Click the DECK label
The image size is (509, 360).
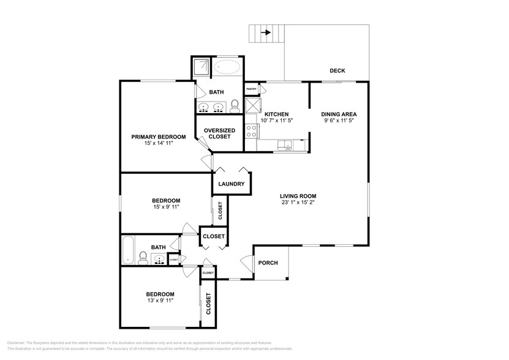pyautogui.click(x=337, y=71)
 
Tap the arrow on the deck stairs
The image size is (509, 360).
pyautogui.click(x=266, y=32)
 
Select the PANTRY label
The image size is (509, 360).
pyautogui.click(x=251, y=89)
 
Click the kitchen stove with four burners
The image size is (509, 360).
pyautogui.click(x=251, y=130)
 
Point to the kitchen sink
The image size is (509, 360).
pyautogui.click(x=285, y=145)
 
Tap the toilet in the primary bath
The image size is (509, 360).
pyautogui.click(x=235, y=108)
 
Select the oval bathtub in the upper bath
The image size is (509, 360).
pyautogui.click(x=227, y=67)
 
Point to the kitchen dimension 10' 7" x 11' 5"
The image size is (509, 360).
pyautogui.click(x=276, y=121)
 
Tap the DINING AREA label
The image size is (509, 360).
pyautogui.click(x=339, y=114)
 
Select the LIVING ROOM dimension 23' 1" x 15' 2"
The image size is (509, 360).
pyautogui.click(x=299, y=203)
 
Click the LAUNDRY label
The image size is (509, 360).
pyautogui.click(x=232, y=184)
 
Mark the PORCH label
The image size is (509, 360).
pyautogui.click(x=268, y=263)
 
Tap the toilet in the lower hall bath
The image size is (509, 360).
pyautogui.click(x=142, y=257)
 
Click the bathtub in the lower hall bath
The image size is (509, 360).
pyautogui.click(x=128, y=250)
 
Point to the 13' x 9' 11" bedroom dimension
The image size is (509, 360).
pyautogui.click(x=159, y=301)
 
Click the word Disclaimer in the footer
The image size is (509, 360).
pyautogui.click(x=16, y=343)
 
